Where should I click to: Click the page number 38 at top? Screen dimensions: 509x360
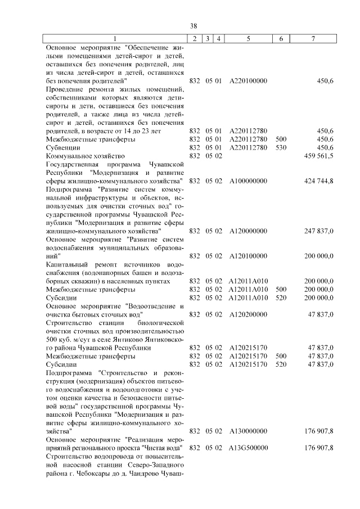point(194,26)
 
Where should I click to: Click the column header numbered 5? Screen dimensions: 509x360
point(248,38)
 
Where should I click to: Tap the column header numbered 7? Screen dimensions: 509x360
point(313,38)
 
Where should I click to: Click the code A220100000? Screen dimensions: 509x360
point(248,81)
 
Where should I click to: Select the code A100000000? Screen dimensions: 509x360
point(248,181)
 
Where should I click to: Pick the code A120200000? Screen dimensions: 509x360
point(248,314)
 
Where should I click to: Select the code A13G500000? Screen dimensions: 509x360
point(248,448)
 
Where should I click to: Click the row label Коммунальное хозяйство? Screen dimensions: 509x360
point(85,156)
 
